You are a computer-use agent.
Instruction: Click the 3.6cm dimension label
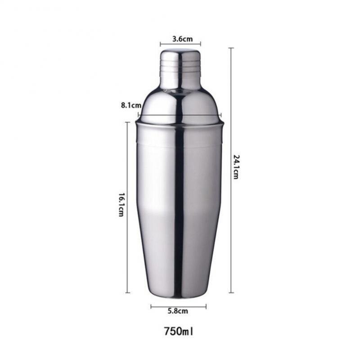(180, 39)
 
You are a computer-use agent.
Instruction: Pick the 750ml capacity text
(179, 332)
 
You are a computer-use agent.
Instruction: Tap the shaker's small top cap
(180, 67)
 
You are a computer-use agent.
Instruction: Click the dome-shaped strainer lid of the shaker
(180, 106)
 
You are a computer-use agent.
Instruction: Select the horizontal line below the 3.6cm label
(180, 44)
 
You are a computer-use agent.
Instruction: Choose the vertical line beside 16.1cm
(128, 207)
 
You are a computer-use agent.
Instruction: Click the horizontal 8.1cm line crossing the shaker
(180, 115)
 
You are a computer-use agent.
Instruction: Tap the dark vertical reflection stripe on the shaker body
(179, 202)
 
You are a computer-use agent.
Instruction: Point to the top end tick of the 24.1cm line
(231, 48)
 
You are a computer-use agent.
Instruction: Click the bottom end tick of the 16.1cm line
(128, 292)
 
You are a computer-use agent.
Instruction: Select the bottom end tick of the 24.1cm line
(231, 292)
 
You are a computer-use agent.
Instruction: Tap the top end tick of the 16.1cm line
(128, 122)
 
